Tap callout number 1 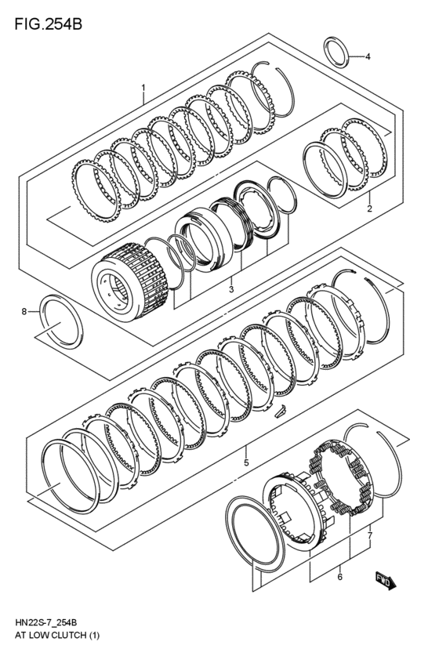tap(143, 87)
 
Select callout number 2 tap(368, 209)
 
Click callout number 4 tap(367, 56)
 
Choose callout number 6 tap(339, 577)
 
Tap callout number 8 tap(24, 311)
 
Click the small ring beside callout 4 tap(337, 53)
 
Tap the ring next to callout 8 tap(60, 319)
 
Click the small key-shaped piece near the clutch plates tap(280, 410)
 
